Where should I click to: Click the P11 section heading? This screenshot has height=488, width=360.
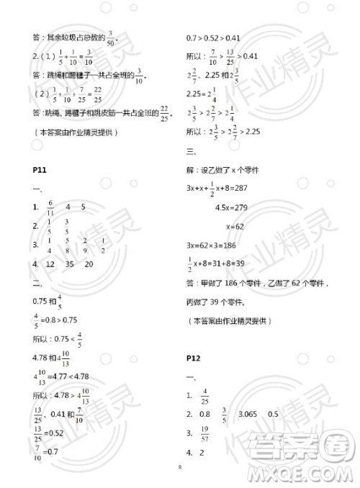pyautogui.click(x=40, y=169)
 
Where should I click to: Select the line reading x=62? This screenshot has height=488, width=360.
pyautogui.click(x=236, y=226)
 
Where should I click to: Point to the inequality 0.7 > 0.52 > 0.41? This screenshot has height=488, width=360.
pyautogui.click(x=213, y=37)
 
